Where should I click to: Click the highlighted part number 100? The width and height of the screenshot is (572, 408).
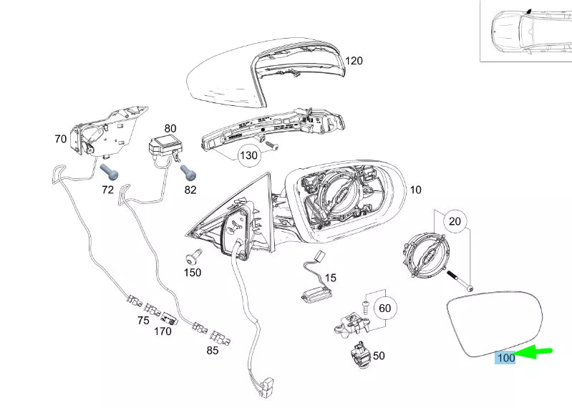[506, 358]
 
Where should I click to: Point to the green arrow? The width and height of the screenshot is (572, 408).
[534, 351]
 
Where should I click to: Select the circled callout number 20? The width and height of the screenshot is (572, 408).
[455, 221]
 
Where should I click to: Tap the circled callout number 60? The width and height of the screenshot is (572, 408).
[385, 309]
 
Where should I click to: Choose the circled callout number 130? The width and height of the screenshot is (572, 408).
[248, 156]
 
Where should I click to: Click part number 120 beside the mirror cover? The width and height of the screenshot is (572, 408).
[354, 61]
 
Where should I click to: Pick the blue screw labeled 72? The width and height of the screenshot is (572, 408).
[109, 171]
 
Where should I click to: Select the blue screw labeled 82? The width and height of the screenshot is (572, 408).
[188, 172]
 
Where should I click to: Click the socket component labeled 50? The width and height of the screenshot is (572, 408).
[360, 354]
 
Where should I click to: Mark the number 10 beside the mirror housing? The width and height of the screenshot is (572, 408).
[415, 190]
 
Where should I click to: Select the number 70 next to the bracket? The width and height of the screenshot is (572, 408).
[61, 139]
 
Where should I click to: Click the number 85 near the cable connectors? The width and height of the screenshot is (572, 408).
[213, 351]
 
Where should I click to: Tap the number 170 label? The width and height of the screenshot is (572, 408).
[163, 331]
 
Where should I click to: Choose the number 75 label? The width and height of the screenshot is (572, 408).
[143, 320]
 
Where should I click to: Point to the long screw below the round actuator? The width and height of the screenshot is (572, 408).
[462, 281]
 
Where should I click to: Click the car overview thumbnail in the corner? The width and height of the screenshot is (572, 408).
[525, 31]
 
